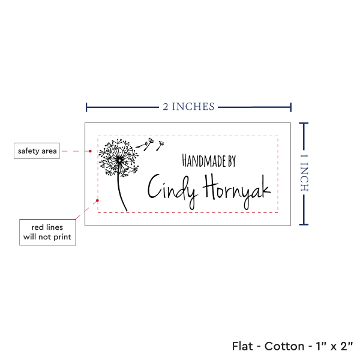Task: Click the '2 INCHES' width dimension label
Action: tap(188, 107)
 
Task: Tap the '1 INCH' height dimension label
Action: tap(304, 173)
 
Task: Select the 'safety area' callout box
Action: tap(37, 151)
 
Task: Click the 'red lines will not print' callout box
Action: tap(47, 232)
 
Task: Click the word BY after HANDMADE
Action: tap(232, 161)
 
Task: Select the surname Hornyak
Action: tap(237, 191)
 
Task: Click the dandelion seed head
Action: tap(119, 158)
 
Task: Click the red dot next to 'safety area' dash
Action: tap(90, 151)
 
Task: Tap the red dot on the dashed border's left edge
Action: tap(97, 200)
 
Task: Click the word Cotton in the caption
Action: tap(284, 346)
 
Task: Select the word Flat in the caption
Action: tap(242, 346)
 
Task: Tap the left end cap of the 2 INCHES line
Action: tap(86, 107)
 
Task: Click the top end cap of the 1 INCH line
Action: tap(304, 124)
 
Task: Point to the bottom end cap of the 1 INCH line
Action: tap(304, 224)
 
